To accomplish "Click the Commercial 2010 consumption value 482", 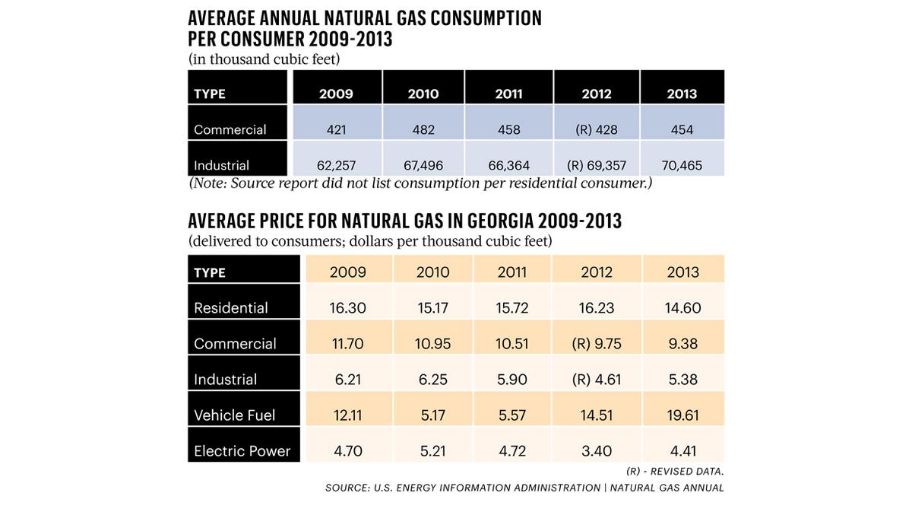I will pos(423,129).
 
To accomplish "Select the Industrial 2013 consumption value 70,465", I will pos(682,165).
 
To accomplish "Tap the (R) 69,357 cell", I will pos(597,165).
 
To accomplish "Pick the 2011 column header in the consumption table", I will pos(508,94).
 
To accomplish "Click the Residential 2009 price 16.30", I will pos(348,308).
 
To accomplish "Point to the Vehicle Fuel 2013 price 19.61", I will pos(682,415).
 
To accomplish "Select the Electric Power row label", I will pos(242,451).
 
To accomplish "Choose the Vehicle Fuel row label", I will pos(234,415).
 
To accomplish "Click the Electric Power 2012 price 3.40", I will pos(596,451).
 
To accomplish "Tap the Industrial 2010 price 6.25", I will pos(432,380).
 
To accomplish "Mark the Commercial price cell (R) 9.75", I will pos(596,344).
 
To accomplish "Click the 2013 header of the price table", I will pos(682,272).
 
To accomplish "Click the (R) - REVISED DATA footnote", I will pos(675,472).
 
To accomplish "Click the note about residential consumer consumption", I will pos(420,184).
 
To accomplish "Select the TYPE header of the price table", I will pos(210,272).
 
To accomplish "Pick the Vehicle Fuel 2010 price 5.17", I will pos(432,415).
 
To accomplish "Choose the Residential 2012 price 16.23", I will pos(596,308).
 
